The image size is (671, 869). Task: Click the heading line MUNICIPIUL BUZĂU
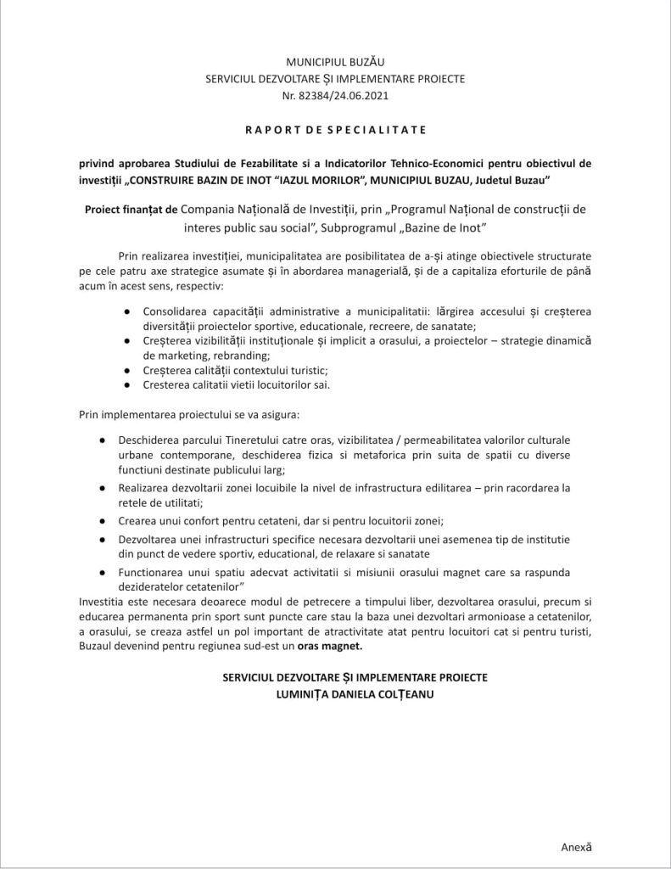335,63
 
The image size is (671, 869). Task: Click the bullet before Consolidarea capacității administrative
126,311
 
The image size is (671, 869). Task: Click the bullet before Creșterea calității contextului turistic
126,370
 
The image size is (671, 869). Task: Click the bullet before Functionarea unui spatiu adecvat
103,572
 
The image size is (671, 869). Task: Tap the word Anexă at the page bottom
576,846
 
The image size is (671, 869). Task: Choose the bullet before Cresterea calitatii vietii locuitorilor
126,384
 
